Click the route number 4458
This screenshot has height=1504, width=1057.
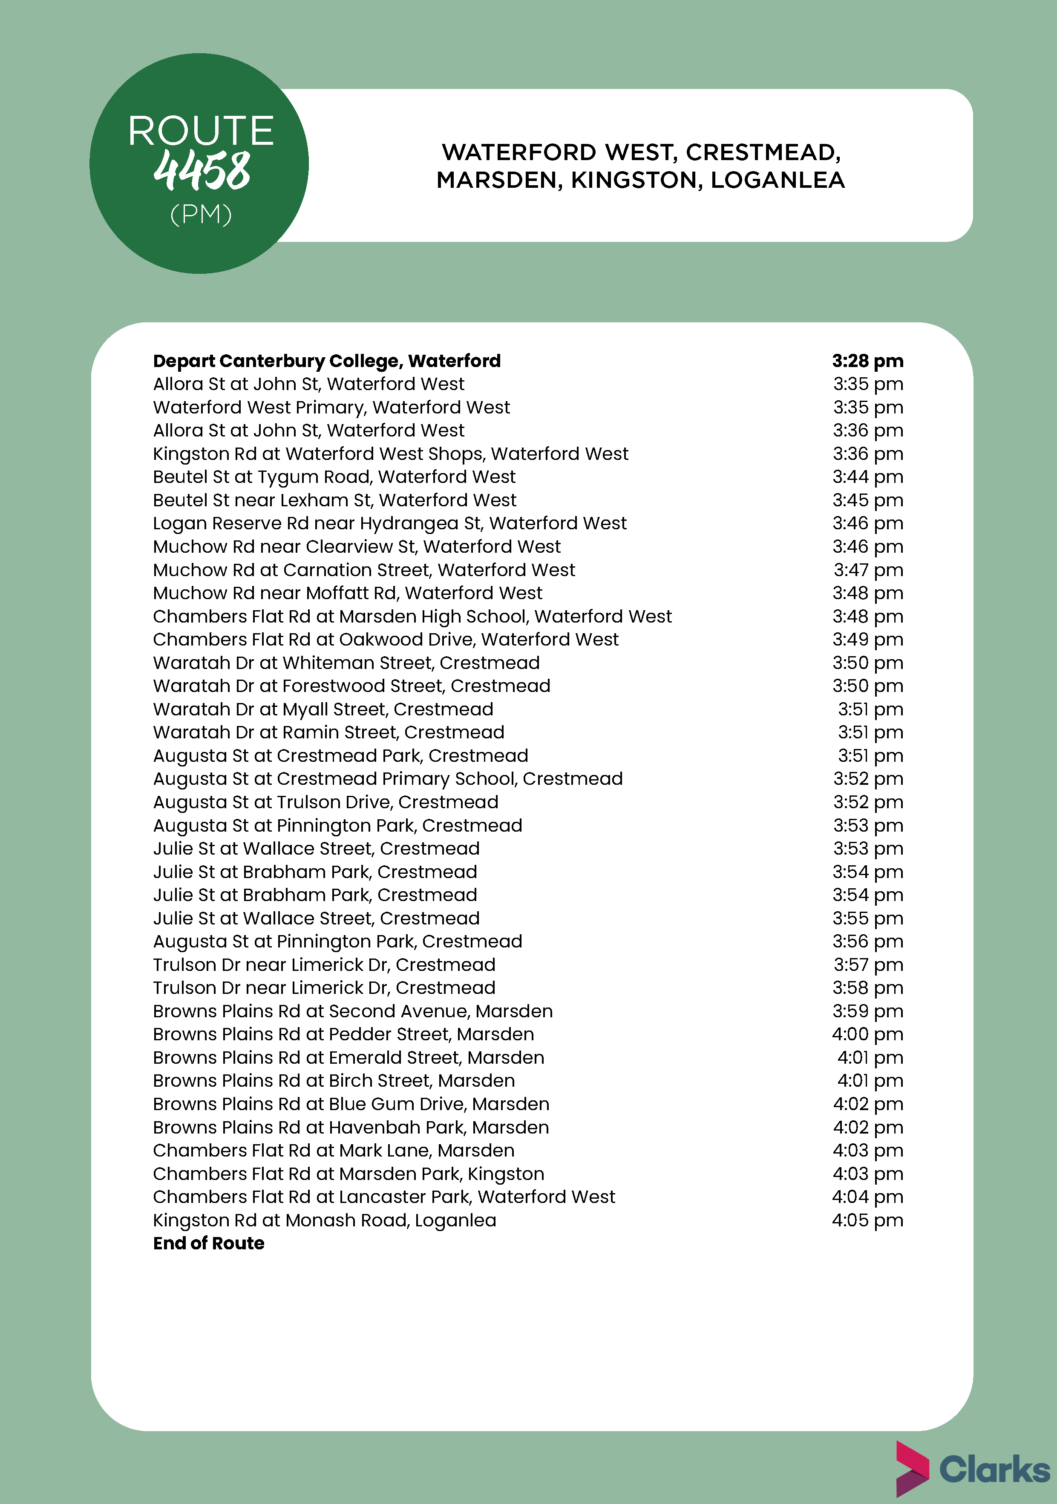202,171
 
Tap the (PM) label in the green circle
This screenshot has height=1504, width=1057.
201,214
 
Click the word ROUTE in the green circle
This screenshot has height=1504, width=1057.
201,131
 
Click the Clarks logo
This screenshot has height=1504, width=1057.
973,1469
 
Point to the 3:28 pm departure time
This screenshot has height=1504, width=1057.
867,361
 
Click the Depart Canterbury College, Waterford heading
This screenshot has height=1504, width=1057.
326,361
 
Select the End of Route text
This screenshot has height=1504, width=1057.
208,1243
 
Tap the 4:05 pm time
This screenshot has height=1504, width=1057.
867,1220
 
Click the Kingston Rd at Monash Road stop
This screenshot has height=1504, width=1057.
324,1220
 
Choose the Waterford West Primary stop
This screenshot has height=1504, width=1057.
331,408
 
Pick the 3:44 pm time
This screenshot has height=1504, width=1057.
867,477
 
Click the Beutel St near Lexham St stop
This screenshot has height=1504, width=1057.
334,500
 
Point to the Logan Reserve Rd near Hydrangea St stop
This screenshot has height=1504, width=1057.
389,523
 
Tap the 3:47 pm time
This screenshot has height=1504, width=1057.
867,570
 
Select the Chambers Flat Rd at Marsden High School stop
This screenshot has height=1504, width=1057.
412,617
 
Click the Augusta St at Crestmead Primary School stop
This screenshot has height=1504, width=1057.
387,779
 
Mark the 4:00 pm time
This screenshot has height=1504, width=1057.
867,1034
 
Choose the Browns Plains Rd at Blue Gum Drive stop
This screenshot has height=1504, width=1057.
351,1105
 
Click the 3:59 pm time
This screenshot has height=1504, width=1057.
867,1011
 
